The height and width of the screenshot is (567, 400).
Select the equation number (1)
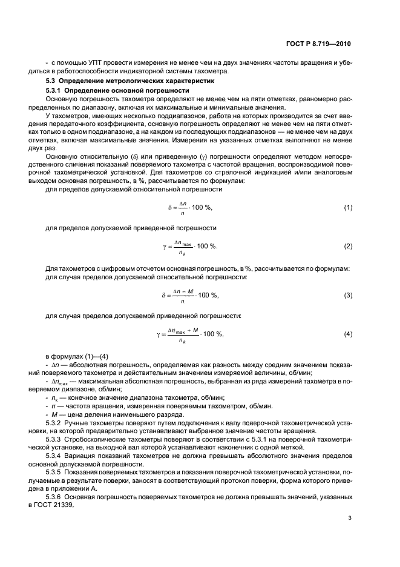[x=348, y=208]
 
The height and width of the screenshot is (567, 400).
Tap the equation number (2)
[x=348, y=247]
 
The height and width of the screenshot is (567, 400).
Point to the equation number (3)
[x=348, y=295]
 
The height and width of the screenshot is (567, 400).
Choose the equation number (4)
[x=348, y=334]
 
